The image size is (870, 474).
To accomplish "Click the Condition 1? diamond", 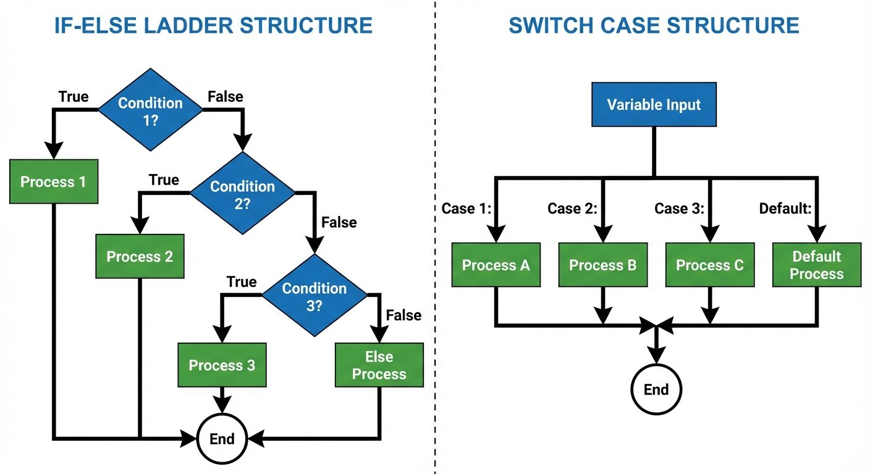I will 150,110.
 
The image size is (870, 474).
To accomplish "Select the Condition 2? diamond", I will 242,194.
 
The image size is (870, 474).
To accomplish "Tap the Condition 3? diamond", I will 314,296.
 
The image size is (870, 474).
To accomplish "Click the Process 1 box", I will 53,182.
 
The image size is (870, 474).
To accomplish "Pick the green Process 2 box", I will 140,257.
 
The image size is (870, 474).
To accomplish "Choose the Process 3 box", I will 222,365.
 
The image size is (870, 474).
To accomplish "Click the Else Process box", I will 379,365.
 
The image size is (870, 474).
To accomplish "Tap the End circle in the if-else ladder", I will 222,439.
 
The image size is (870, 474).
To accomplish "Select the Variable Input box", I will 654,104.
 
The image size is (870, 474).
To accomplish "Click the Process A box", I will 496,265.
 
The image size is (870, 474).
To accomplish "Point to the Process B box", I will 602,265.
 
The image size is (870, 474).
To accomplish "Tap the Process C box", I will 709,265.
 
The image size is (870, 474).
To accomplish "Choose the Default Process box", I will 816,265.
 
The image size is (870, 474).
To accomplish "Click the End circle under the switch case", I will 656,389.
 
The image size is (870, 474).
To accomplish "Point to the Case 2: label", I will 572,209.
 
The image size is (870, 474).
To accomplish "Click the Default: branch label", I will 785,209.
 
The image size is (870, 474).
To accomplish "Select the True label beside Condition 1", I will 74,97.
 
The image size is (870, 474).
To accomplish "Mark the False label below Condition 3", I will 403,315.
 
